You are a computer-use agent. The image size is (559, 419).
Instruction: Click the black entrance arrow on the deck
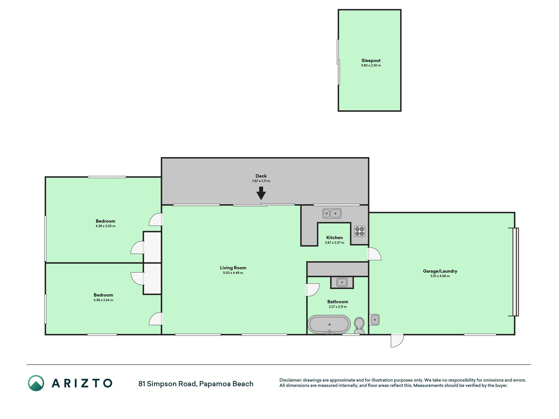[261, 193]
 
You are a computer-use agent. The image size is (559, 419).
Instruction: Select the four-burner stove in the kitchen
[360, 231]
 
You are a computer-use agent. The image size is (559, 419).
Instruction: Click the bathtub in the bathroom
[329, 324]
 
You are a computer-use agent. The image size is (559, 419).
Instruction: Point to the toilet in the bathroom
[359, 326]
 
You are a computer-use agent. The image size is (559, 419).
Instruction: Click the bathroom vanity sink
[342, 282]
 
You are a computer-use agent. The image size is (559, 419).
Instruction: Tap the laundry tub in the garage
[375, 319]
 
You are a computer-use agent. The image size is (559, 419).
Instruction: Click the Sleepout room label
[371, 61]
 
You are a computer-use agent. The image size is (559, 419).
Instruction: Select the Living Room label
[233, 268]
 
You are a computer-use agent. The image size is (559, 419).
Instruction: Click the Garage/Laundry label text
[440, 271]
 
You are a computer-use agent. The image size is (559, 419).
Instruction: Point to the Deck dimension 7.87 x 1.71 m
[261, 181]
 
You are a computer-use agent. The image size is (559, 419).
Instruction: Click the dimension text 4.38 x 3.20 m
[105, 226]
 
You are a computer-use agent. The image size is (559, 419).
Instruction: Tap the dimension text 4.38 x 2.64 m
[103, 300]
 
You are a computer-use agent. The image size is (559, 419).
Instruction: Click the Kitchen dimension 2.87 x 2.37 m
[335, 243]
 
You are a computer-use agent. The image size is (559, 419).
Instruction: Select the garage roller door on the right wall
[515, 272]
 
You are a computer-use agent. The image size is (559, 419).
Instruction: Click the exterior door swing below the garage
[397, 340]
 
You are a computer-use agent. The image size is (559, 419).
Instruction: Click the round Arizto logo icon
[36, 383]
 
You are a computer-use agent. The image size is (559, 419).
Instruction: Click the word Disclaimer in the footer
[290, 380]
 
